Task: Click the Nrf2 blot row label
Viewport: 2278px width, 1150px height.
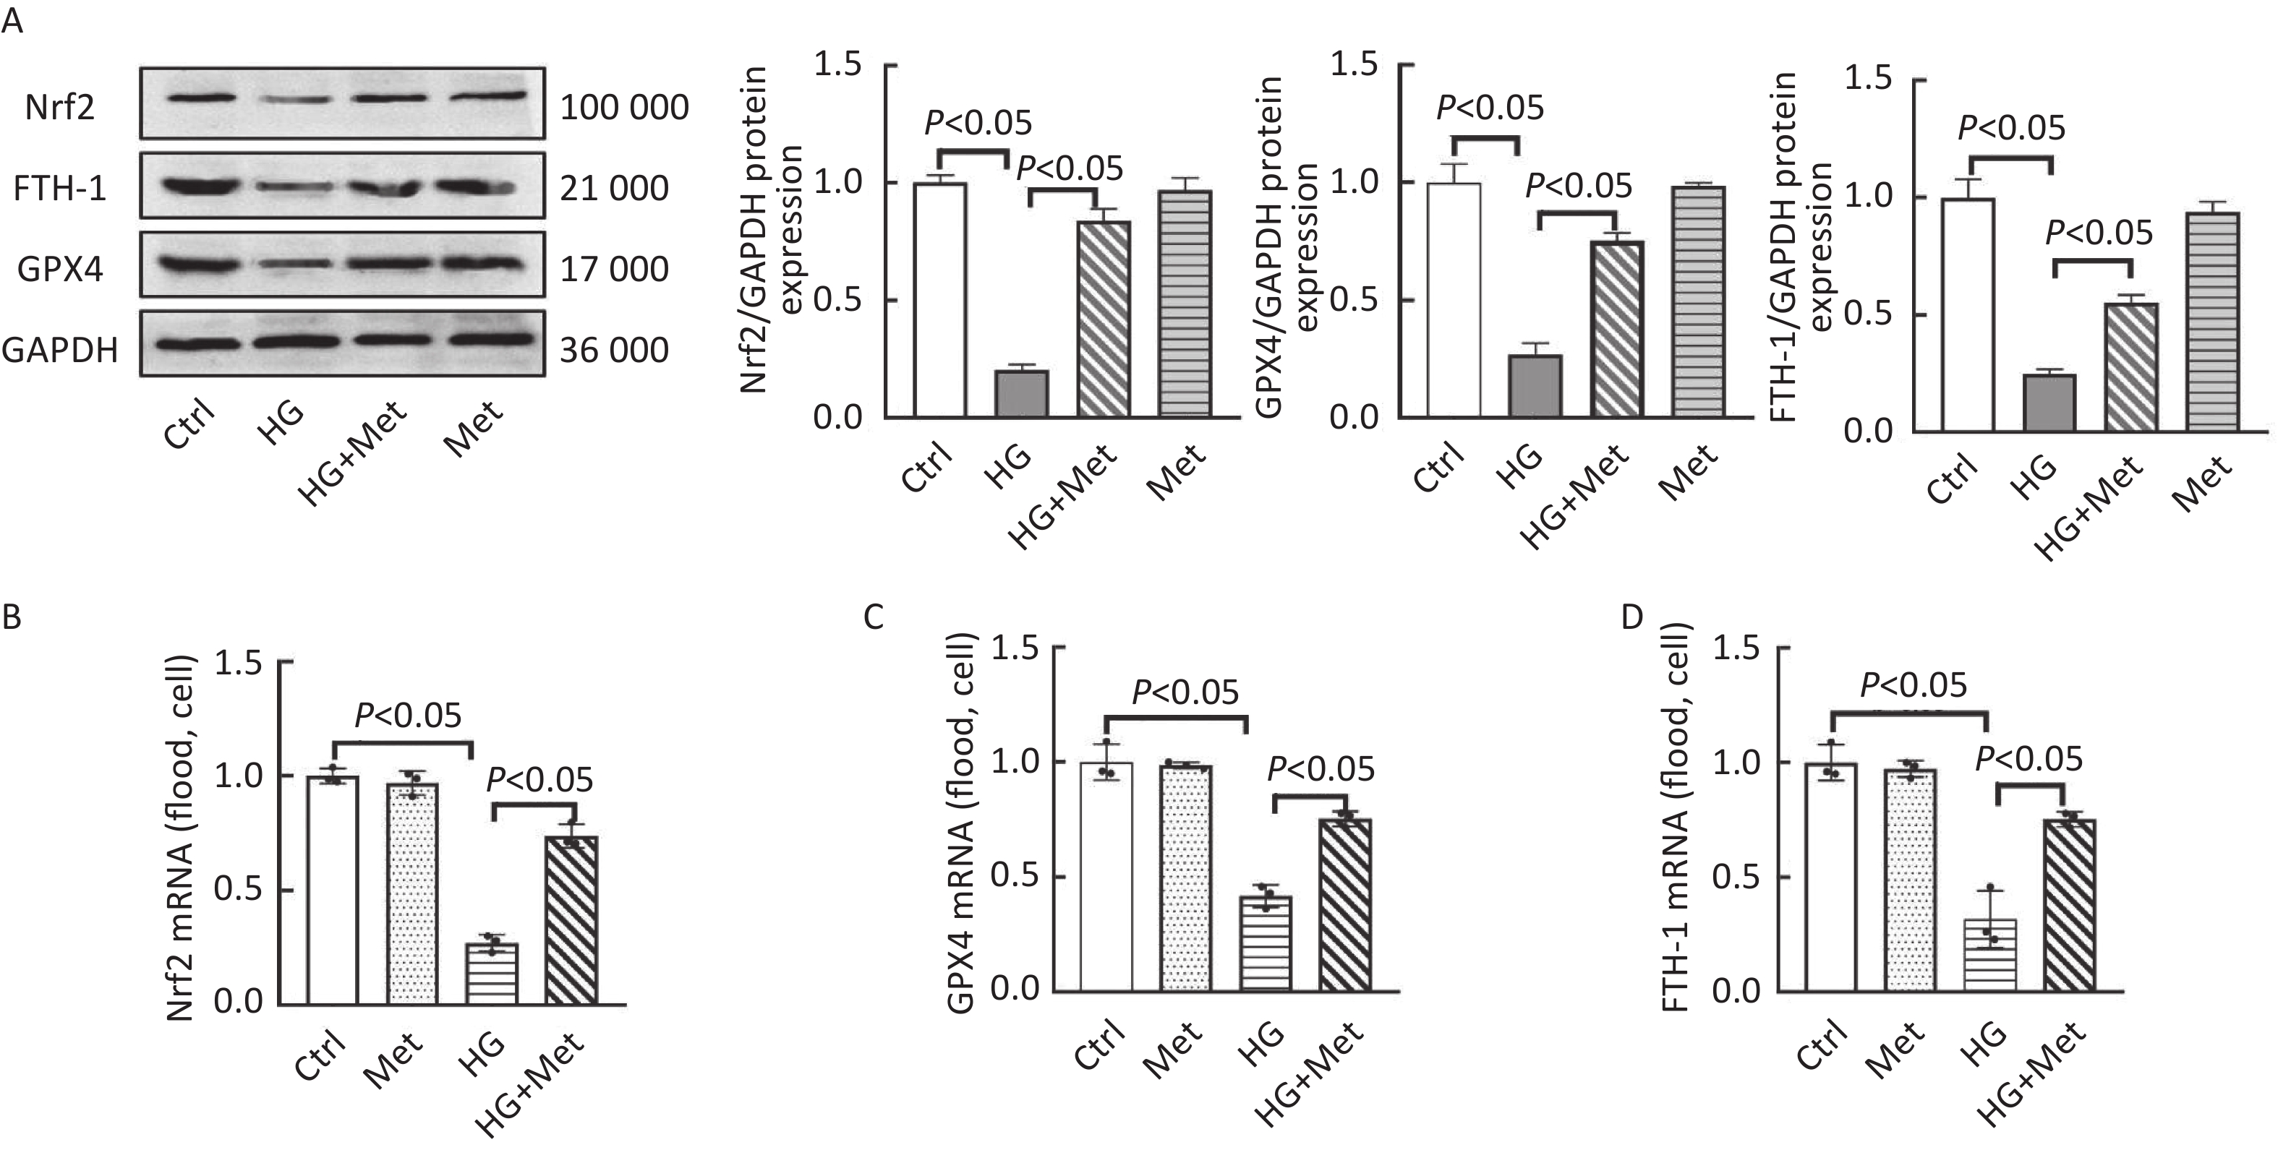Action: tap(60, 108)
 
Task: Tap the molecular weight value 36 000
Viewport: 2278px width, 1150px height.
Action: tap(615, 351)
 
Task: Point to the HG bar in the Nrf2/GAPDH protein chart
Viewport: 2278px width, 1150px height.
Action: tap(1021, 393)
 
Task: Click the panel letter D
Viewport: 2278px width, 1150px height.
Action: tap(1632, 617)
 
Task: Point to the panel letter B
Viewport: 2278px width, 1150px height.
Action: tap(12, 617)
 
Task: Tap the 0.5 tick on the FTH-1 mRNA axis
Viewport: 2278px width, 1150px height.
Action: tap(1735, 877)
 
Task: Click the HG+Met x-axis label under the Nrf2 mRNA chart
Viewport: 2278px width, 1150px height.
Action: tap(532, 1085)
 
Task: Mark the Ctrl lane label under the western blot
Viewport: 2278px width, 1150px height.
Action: tap(190, 425)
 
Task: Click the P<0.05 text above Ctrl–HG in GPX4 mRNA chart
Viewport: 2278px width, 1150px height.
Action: tap(1185, 693)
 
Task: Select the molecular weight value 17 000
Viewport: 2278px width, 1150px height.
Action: tap(615, 270)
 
